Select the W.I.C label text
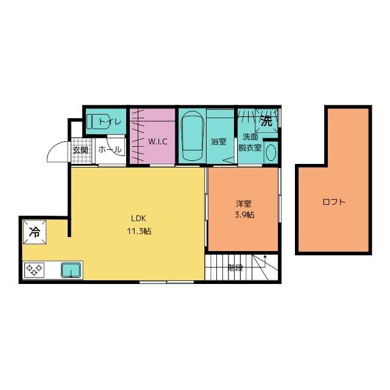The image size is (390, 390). (158, 141)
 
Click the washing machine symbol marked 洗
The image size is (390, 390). (266, 121)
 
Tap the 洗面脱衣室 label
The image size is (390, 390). (250, 142)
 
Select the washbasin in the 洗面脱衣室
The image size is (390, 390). (272, 151)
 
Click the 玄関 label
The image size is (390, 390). (80, 150)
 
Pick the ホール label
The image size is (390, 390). (110, 150)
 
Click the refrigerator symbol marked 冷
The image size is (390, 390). (35, 232)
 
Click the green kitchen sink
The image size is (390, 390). (71, 269)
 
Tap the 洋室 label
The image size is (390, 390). (244, 204)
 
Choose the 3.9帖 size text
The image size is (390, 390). (244, 215)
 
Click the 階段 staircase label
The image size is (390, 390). (235, 267)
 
